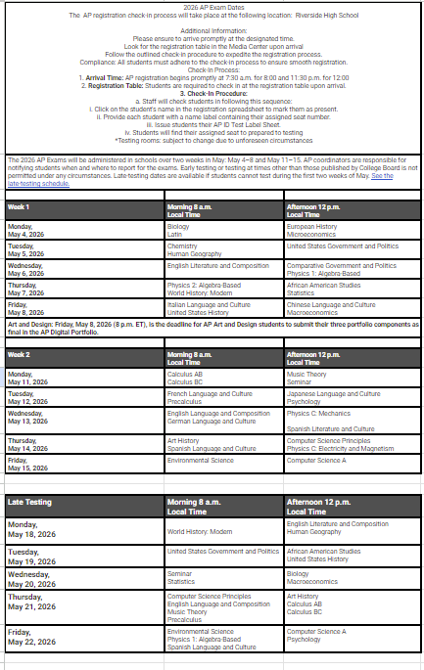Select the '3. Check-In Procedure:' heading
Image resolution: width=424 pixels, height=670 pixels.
click(x=212, y=92)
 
